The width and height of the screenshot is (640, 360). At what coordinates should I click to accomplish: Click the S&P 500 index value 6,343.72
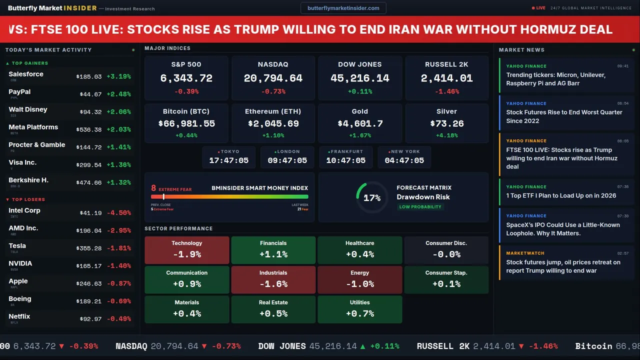pyautogui.click(x=186, y=78)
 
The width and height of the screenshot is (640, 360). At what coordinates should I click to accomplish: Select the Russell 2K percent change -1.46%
pyautogui.click(x=446, y=91)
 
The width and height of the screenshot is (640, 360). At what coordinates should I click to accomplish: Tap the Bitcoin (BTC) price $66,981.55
pyautogui.click(x=186, y=123)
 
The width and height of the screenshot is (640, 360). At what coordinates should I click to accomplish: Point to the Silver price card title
pyautogui.click(x=446, y=111)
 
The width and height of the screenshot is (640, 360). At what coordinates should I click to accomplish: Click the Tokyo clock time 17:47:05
pyautogui.click(x=228, y=160)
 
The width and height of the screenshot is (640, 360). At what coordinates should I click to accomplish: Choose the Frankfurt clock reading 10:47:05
pyautogui.click(x=345, y=160)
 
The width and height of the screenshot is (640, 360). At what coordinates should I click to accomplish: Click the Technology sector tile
pyautogui.click(x=186, y=250)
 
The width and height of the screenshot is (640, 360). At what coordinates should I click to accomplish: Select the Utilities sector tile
pyautogui.click(x=359, y=309)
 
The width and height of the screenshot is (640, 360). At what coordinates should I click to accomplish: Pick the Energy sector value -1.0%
pyautogui.click(x=359, y=284)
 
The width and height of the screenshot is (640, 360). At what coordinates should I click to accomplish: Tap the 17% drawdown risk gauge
pyautogui.click(x=371, y=197)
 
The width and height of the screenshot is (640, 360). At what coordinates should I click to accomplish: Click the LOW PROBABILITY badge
pyautogui.click(x=420, y=207)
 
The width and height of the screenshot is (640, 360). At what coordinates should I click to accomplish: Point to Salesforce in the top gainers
pyautogui.click(x=26, y=74)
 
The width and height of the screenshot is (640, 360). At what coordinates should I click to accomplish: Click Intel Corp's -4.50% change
pyautogui.click(x=120, y=213)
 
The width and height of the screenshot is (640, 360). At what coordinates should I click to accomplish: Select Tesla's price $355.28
pyautogui.click(x=90, y=248)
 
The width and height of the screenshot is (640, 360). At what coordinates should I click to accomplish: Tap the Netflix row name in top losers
pyautogui.click(x=19, y=316)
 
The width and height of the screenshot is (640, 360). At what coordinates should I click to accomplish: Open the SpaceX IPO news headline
pyautogui.click(x=563, y=229)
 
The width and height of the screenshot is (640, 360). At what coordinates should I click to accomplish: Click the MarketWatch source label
pyautogui.click(x=525, y=253)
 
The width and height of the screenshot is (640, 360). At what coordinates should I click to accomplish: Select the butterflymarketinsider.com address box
pyautogui.click(x=343, y=8)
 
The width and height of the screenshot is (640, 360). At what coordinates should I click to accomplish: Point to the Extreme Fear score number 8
pyautogui.click(x=153, y=188)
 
